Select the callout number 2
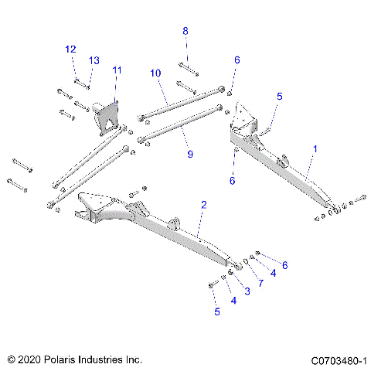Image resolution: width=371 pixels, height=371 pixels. tap(203, 205)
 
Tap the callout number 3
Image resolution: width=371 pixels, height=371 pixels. tap(247, 291)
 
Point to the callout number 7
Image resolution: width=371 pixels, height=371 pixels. tap(261, 283)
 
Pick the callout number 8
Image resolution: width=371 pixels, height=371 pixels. tap(185, 31)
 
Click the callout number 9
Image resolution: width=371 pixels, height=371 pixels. tap(190, 155)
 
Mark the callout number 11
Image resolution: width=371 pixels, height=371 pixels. tap(117, 70)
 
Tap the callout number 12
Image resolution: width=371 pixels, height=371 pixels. tap(70, 49)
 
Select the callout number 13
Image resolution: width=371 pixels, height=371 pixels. tap(94, 60)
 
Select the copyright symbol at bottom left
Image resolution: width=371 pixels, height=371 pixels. tap(11, 360)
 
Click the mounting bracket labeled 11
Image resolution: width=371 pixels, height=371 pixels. tap(107, 116)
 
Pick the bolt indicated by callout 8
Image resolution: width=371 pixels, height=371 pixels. tap(189, 66)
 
